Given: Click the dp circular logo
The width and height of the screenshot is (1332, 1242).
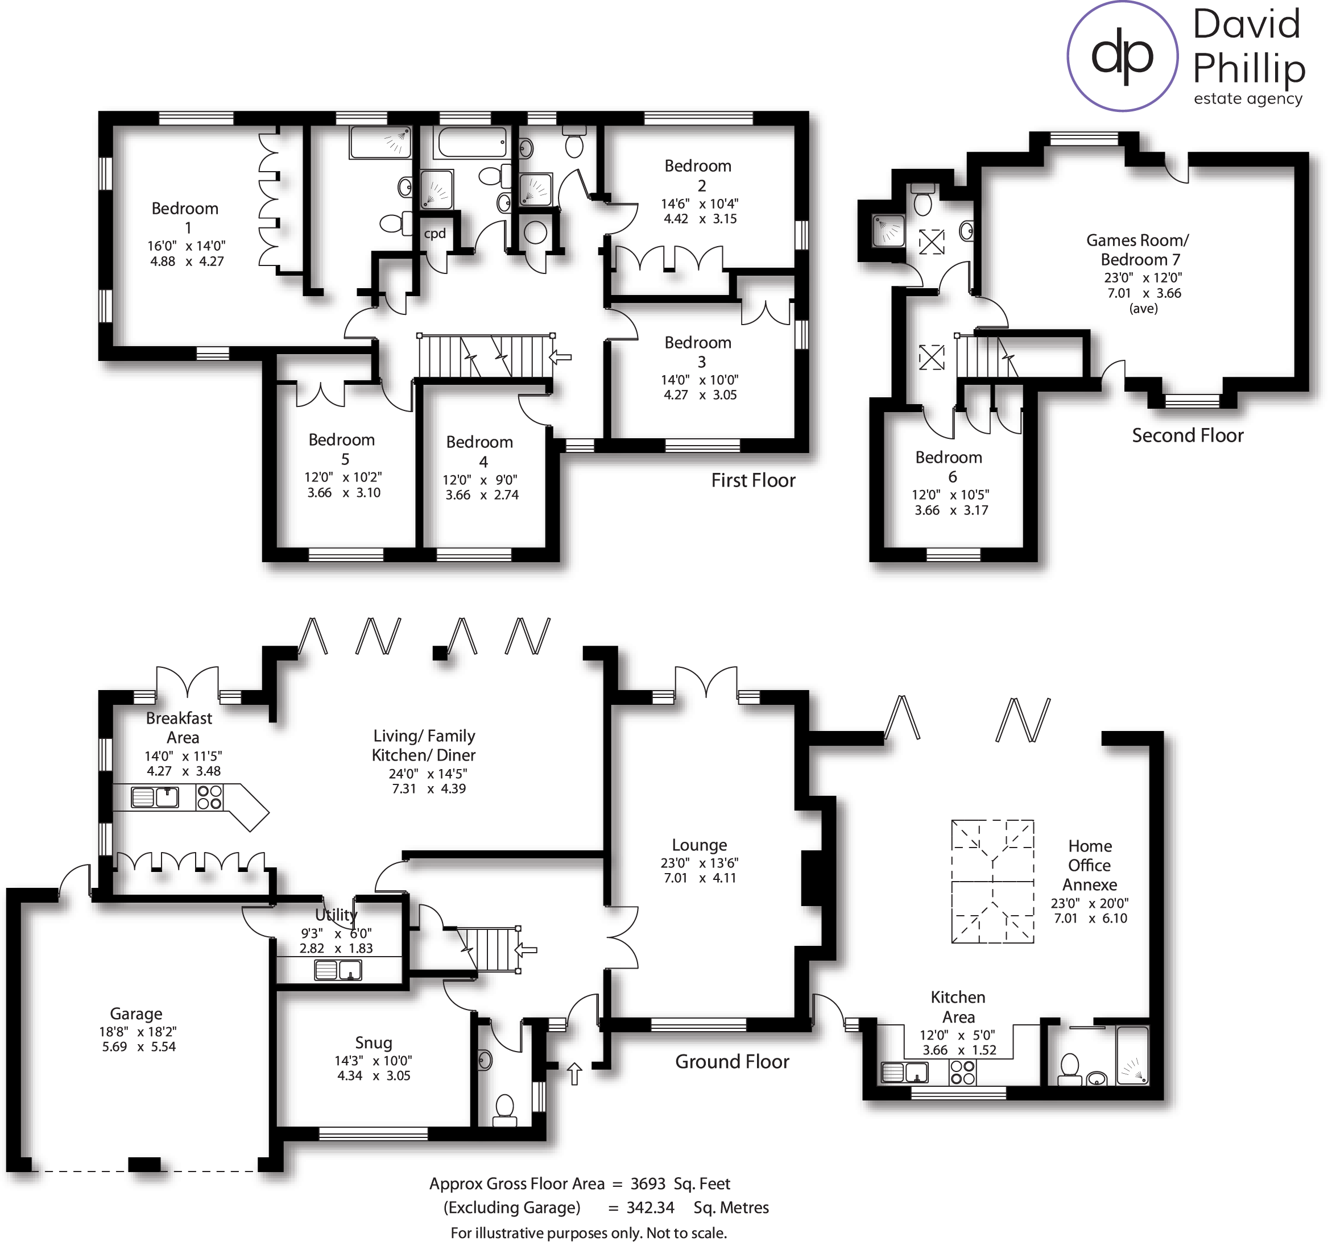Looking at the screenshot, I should tap(1122, 56).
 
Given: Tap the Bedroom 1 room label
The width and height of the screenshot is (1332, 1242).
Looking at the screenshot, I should tap(185, 218).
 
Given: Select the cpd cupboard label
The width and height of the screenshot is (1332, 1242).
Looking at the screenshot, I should tap(435, 234).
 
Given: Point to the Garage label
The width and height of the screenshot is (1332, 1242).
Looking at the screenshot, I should tap(136, 1013).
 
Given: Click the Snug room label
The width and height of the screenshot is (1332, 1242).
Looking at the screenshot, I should tap(373, 1042).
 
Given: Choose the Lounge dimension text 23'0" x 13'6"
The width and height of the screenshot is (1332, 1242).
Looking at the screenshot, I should tap(700, 863).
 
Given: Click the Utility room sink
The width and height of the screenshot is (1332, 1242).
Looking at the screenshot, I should tap(338, 970).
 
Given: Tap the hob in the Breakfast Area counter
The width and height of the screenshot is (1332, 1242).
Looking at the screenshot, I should tap(209, 797).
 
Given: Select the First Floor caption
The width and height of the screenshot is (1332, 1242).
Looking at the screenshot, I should tap(753, 480).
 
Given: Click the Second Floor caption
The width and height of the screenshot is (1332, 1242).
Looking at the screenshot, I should tap(1188, 435).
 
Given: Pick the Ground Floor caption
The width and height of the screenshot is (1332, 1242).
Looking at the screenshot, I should tap(731, 1061).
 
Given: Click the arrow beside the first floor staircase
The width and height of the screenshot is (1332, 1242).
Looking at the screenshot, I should tap(560, 357).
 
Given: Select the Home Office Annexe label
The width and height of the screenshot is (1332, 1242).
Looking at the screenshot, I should tap(1090, 865).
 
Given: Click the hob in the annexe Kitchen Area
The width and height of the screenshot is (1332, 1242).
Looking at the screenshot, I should tap(962, 1072).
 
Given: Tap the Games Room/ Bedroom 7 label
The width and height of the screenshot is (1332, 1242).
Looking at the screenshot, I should tap(1137, 250).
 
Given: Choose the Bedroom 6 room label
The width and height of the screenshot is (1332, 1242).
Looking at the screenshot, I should tap(949, 467).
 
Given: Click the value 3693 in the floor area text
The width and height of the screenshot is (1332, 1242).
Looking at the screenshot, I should tap(647, 1184).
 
